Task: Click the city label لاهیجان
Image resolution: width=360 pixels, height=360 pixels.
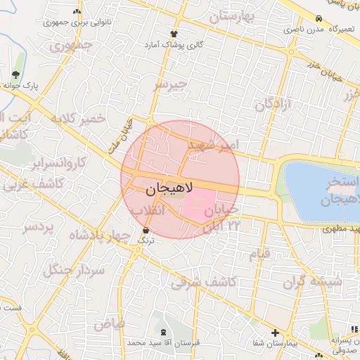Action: click(169, 190)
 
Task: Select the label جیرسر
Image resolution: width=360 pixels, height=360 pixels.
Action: click(172, 85)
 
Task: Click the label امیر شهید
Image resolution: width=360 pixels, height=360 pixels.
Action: click(213, 146)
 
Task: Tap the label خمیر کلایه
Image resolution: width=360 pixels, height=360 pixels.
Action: click(77, 118)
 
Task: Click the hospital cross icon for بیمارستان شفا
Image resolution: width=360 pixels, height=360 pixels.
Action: click(275, 333)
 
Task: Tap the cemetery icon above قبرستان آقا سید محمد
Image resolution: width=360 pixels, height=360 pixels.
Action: click(165, 331)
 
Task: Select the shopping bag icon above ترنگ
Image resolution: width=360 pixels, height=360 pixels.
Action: click(146, 230)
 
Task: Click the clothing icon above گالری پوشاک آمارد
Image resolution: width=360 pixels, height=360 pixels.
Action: click(174, 33)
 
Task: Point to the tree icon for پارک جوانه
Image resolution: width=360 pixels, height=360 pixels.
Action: click(16, 75)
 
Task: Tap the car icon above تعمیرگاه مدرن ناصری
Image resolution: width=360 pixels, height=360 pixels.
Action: click(319, 19)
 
